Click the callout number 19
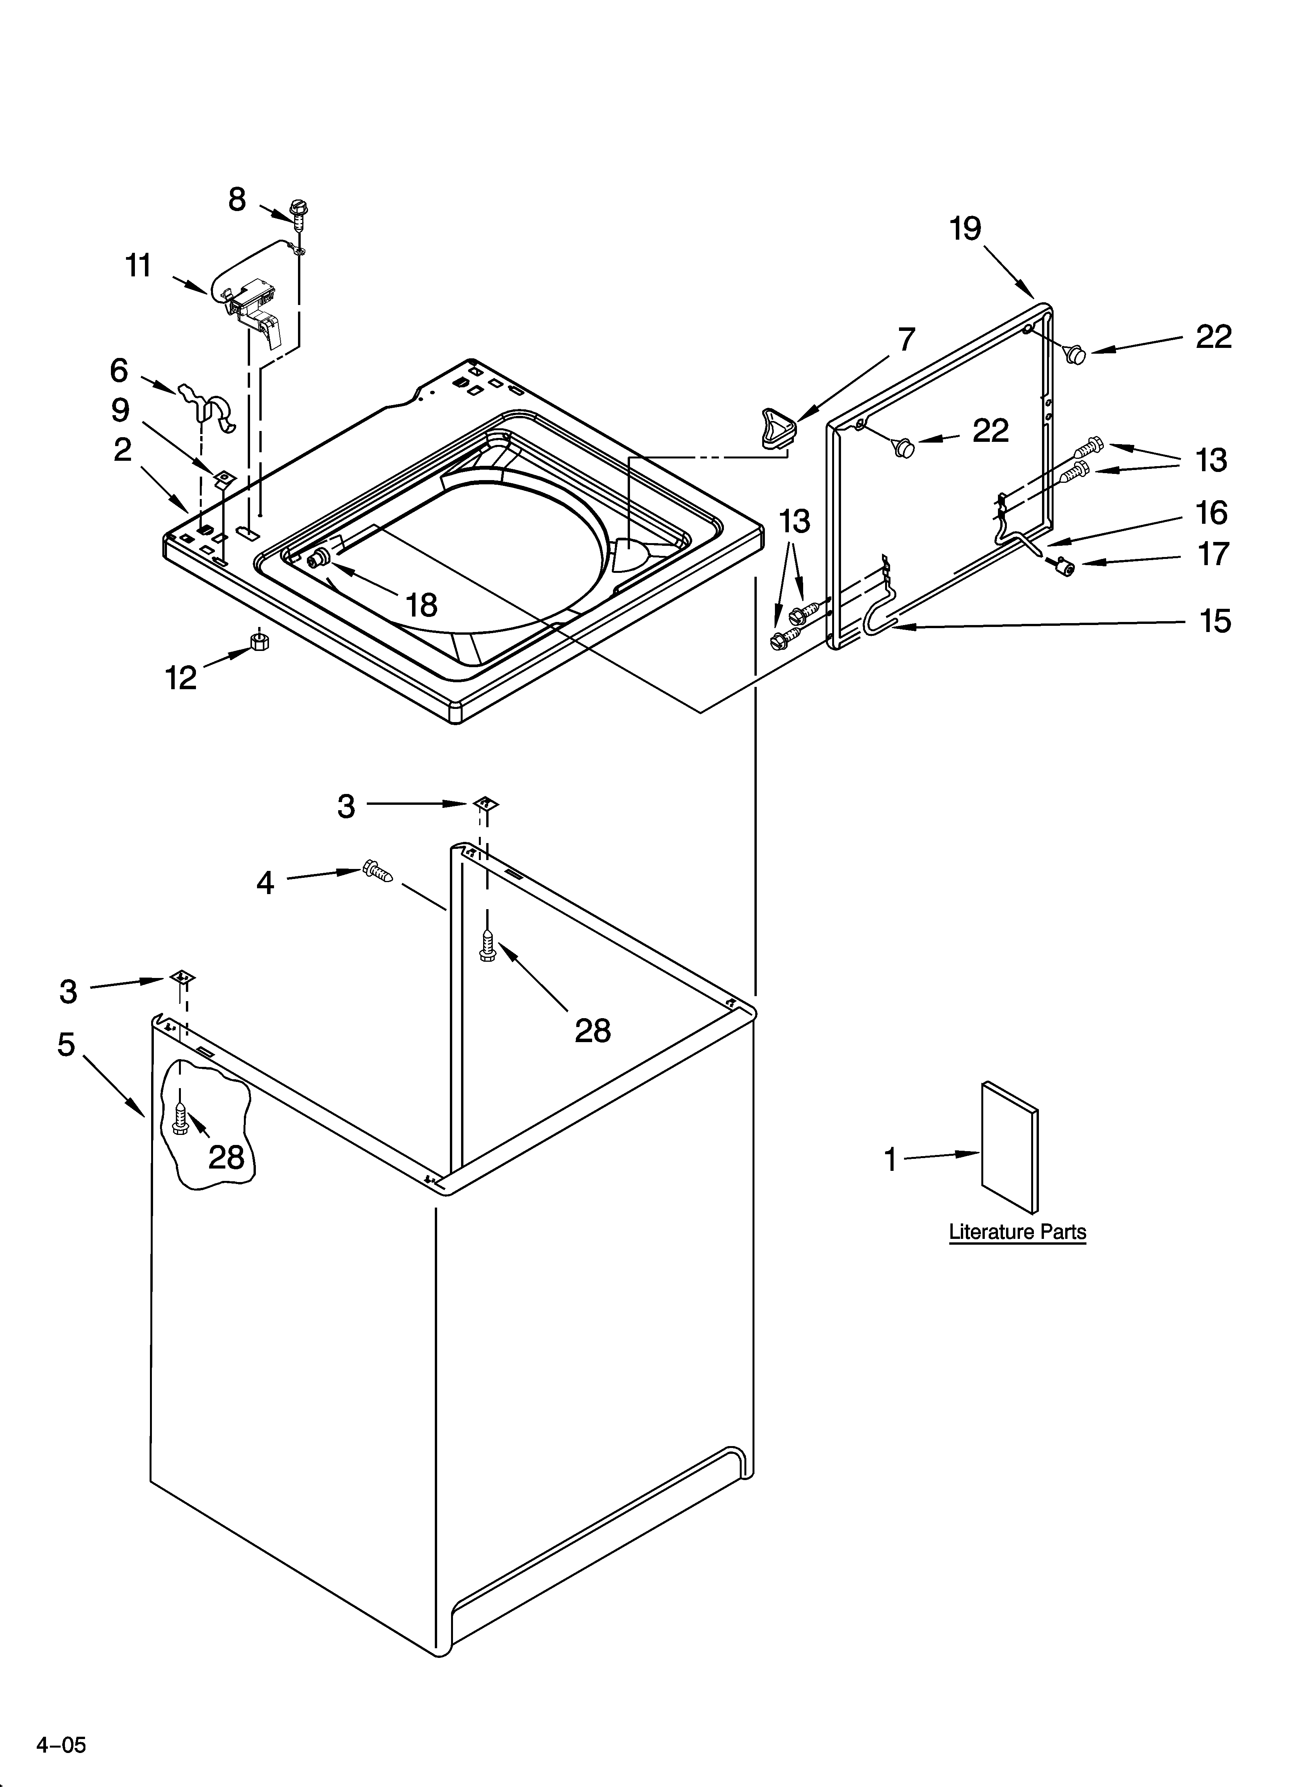(965, 229)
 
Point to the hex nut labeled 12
(259, 641)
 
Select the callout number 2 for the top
(122, 450)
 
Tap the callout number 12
(181, 678)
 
